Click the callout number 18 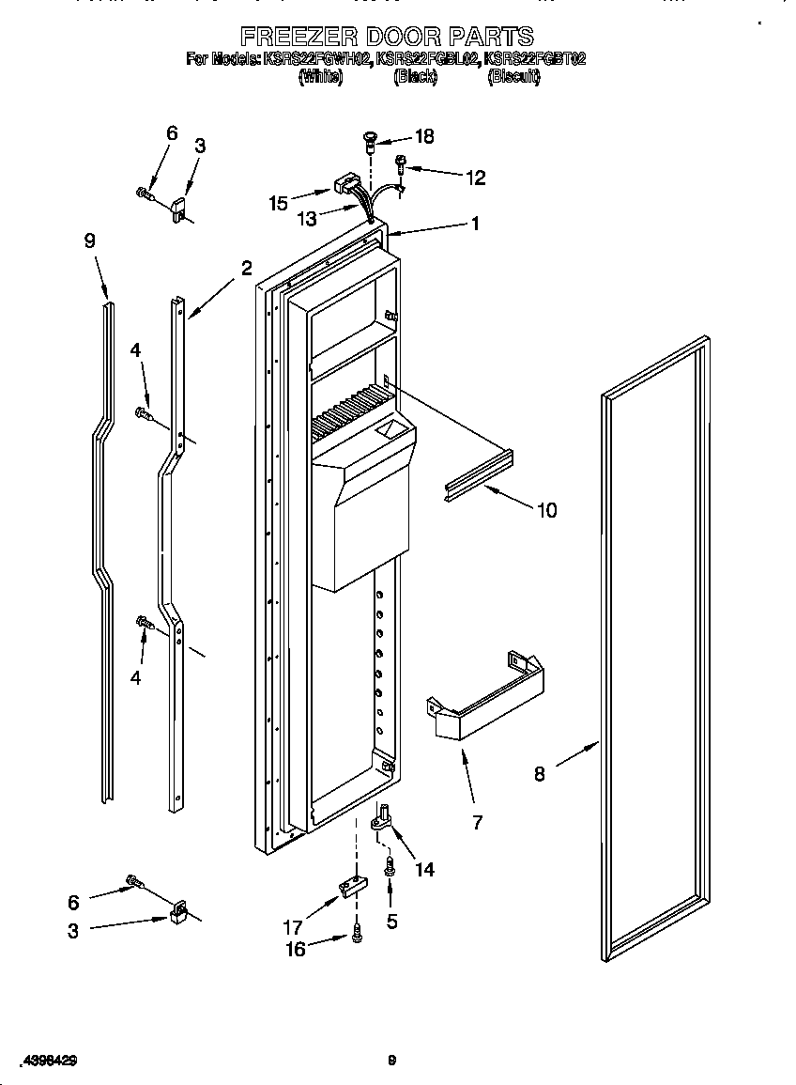(423, 136)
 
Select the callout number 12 (475, 176)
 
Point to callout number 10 (545, 510)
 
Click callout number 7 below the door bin (477, 823)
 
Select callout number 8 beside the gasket (540, 774)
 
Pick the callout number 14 (424, 870)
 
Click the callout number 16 (296, 949)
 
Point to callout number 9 (89, 241)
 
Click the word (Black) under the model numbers (415, 77)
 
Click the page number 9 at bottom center (392, 1061)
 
